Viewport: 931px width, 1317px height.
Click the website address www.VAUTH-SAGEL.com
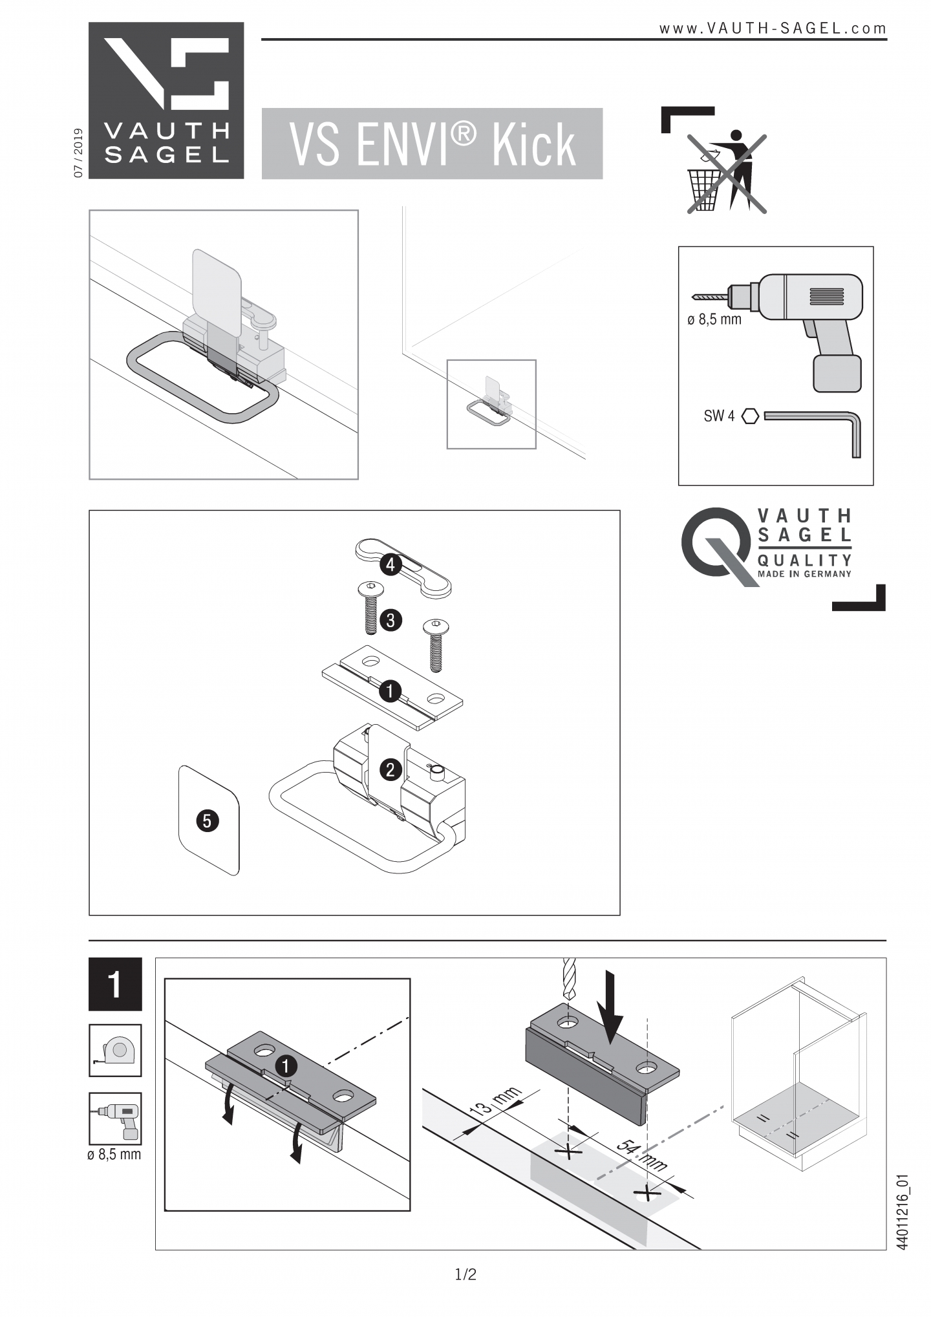tap(773, 28)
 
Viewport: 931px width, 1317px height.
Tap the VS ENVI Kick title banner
tap(432, 144)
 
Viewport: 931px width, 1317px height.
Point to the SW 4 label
tap(719, 416)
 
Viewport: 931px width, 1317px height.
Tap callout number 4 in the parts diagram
tap(390, 564)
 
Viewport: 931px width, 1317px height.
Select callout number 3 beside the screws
tap(390, 620)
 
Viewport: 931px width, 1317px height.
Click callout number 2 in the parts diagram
tap(390, 769)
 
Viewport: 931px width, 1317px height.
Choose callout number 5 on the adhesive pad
tap(207, 820)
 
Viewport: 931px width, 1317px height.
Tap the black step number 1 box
tap(115, 984)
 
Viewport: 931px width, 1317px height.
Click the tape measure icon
tap(115, 1050)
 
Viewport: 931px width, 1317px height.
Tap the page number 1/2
tap(465, 1274)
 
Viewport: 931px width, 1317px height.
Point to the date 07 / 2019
tap(78, 153)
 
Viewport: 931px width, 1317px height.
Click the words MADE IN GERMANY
tap(804, 573)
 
